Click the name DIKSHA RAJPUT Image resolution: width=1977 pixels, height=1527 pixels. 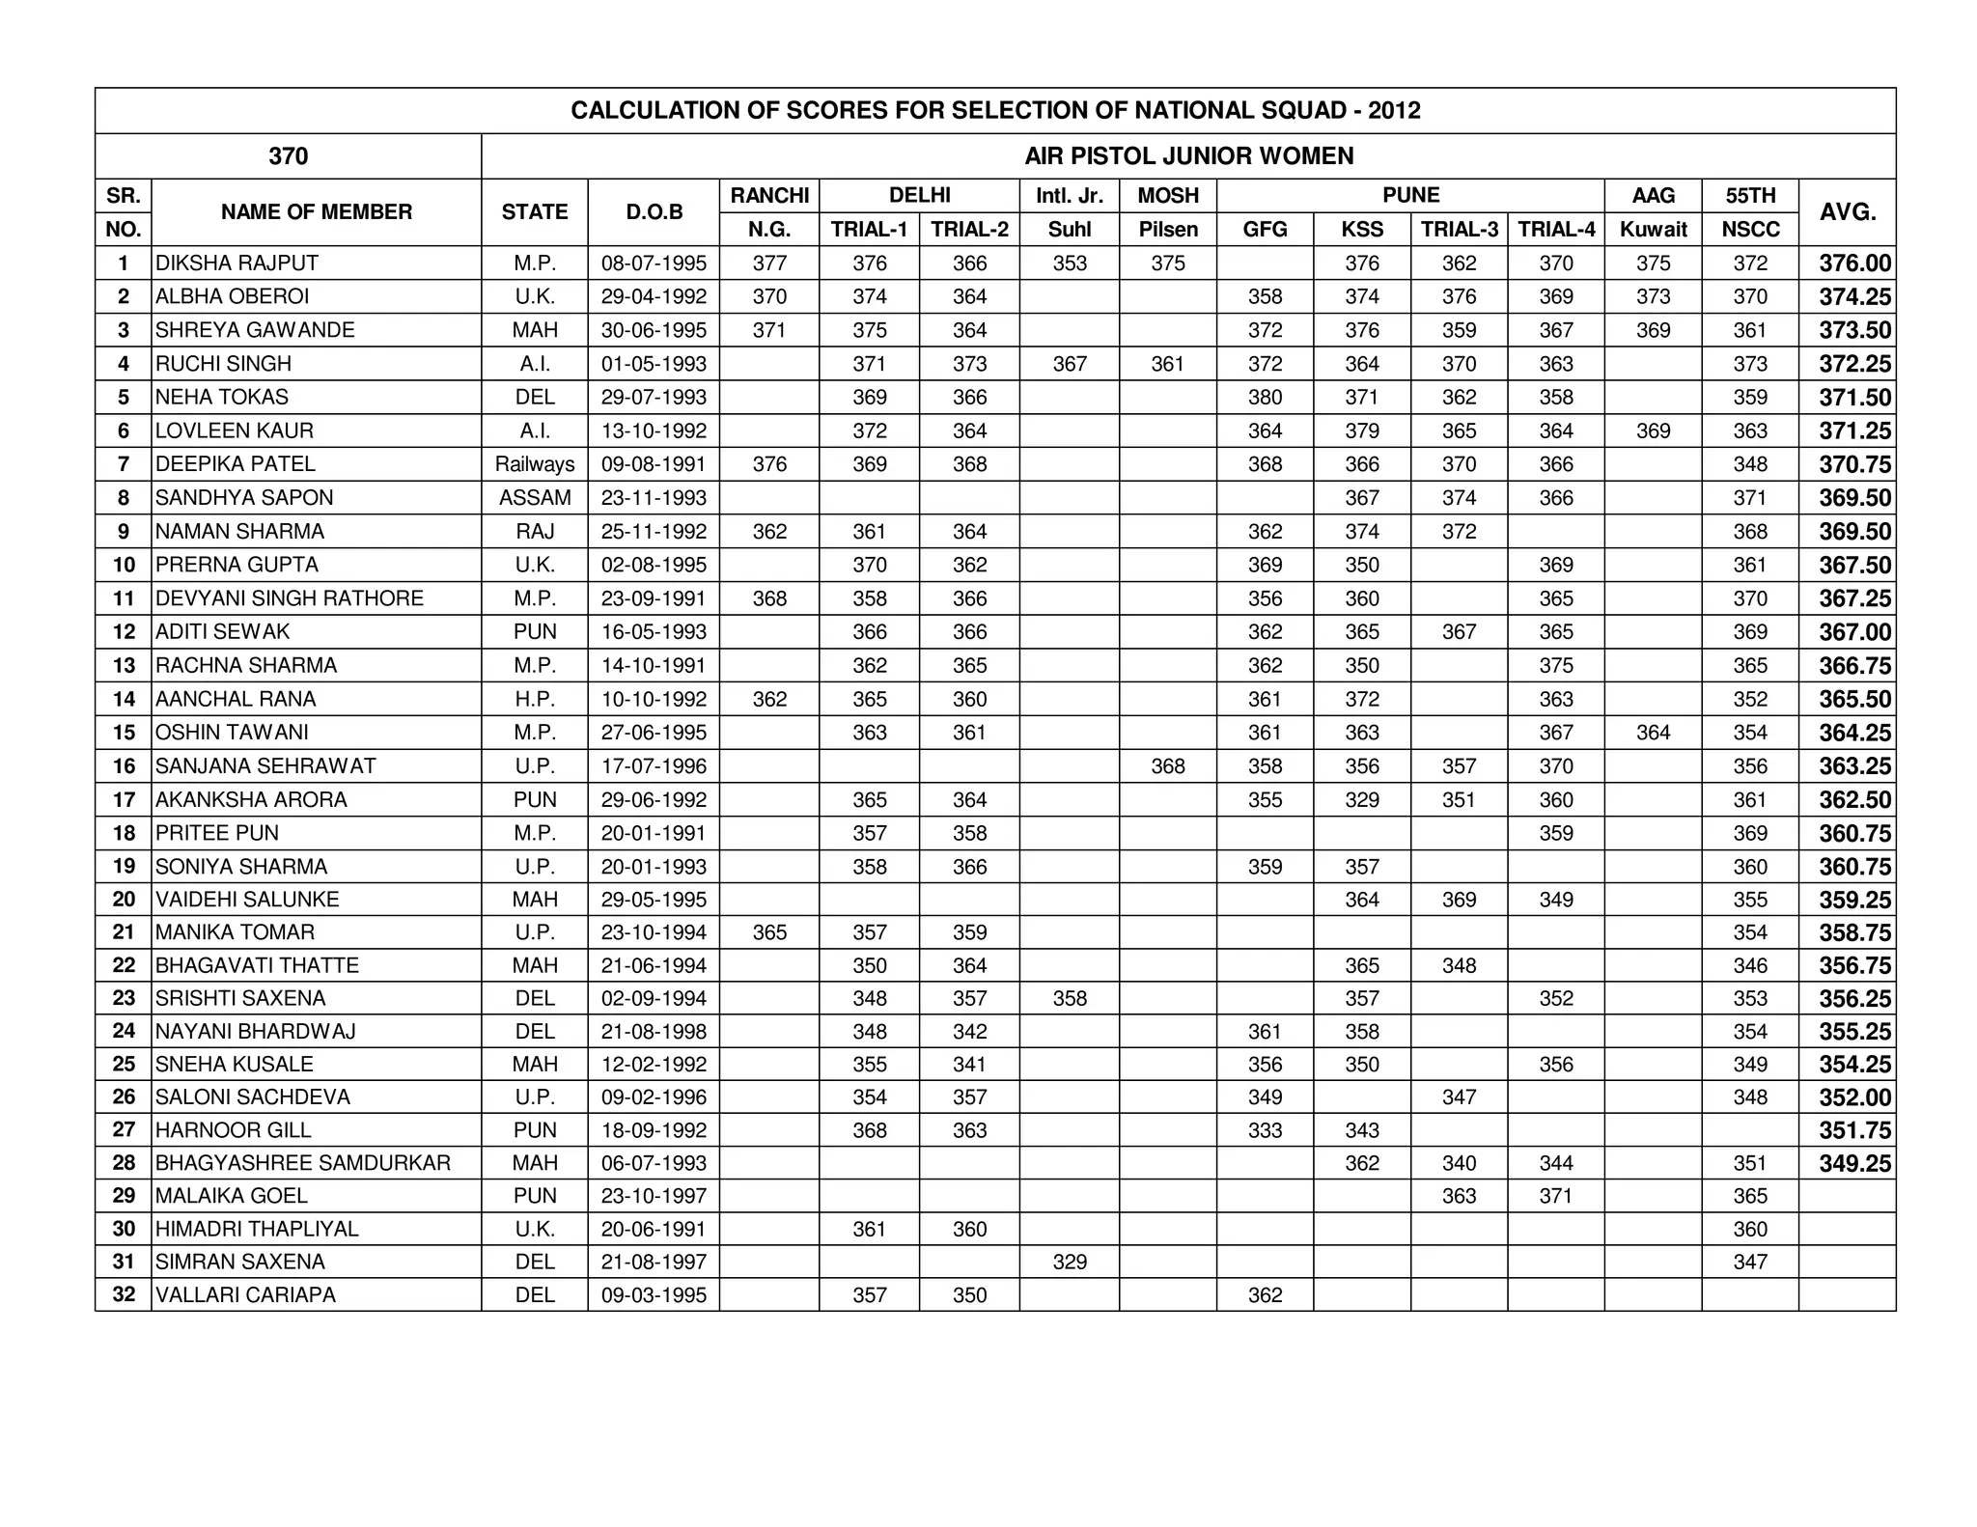(x=237, y=264)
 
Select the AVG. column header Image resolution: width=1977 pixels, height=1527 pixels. (x=1847, y=212)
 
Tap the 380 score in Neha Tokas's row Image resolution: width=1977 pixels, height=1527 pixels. (x=1265, y=398)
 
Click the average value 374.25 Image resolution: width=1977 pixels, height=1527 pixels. (x=1854, y=297)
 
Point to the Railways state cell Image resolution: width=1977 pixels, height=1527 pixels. (x=534, y=464)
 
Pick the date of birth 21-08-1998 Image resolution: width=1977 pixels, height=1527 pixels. (x=654, y=1032)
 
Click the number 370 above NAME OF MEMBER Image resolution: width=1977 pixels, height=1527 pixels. (x=288, y=156)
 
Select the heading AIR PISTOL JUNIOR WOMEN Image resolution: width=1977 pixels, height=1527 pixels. (x=1188, y=156)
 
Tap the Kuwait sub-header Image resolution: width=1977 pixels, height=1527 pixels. (x=1653, y=230)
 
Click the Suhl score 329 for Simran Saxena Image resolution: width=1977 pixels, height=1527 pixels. (x=1070, y=1262)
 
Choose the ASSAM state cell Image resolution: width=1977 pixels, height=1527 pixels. (x=534, y=498)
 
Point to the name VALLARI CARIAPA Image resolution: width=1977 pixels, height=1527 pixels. (x=245, y=1295)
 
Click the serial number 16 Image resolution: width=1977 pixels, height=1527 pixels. (x=124, y=766)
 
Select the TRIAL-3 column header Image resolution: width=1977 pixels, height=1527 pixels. (x=1459, y=230)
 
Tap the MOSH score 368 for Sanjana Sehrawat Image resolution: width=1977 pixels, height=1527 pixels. (x=1167, y=766)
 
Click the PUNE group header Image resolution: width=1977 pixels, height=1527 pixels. (x=1410, y=196)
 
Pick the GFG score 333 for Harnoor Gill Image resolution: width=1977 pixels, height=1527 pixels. (x=1265, y=1130)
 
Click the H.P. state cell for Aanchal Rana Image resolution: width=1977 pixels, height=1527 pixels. (x=534, y=699)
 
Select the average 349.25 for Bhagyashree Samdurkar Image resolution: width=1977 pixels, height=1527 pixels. (x=1854, y=1163)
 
